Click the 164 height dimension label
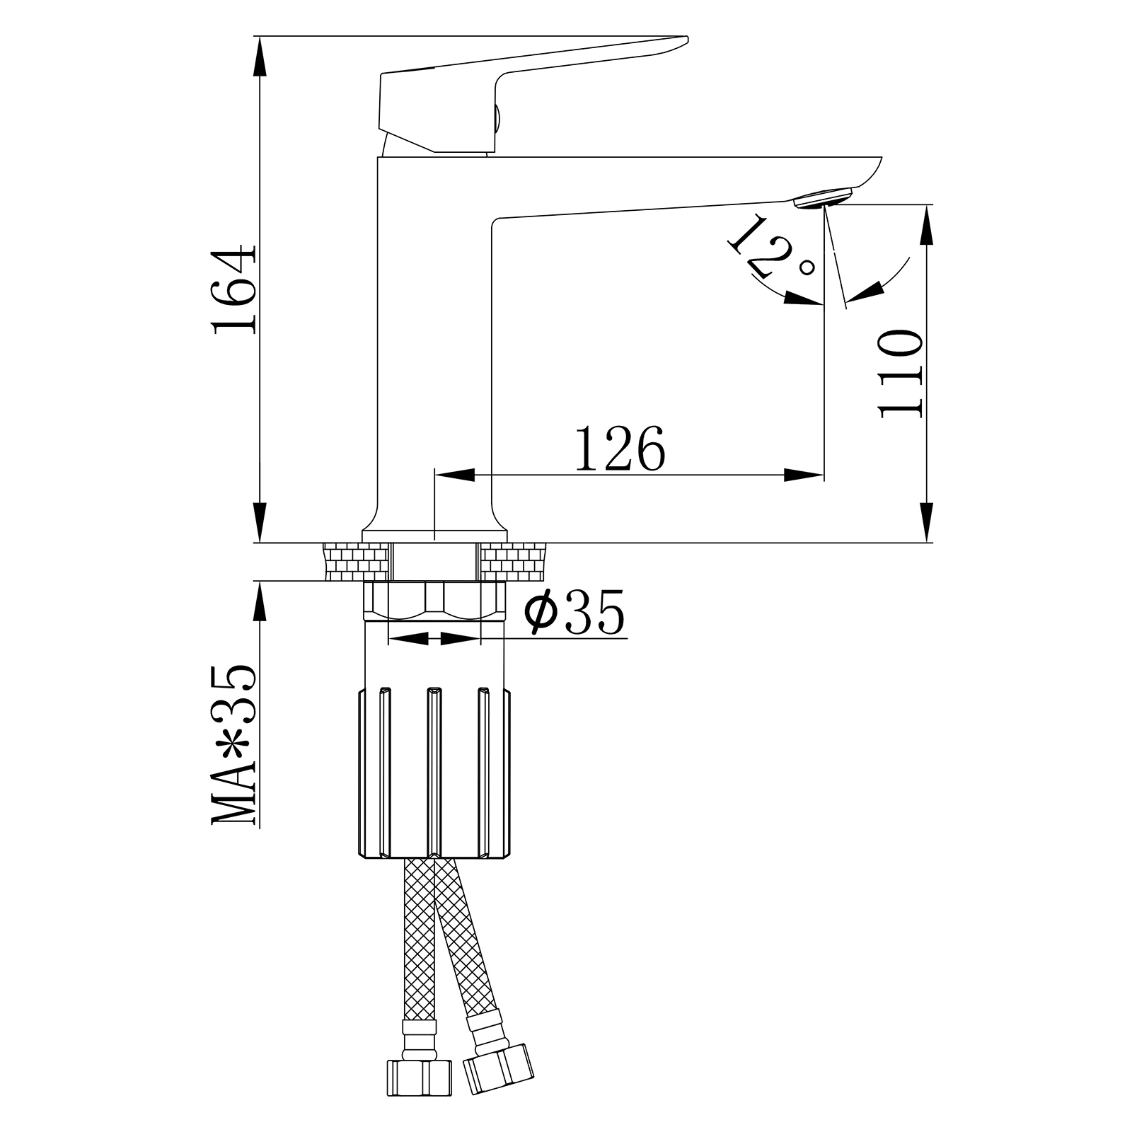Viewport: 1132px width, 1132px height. click(233, 290)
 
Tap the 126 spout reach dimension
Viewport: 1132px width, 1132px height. click(620, 448)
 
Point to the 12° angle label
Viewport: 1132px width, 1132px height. click(771, 247)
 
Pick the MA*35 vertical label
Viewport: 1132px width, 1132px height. click(233, 746)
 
